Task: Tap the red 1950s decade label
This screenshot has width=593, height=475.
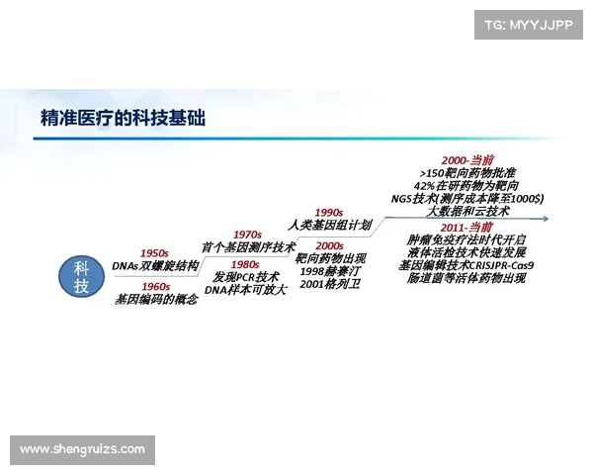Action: (x=154, y=253)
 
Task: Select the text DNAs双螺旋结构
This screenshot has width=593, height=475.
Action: (x=155, y=267)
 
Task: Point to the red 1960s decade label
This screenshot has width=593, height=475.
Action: (x=155, y=286)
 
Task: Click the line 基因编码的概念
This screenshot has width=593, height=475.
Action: (x=156, y=299)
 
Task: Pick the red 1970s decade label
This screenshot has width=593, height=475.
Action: (x=247, y=235)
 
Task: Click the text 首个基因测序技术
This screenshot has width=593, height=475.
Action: (x=248, y=247)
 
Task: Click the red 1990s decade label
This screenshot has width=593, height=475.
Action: (x=328, y=212)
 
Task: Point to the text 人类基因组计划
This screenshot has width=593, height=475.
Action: (x=329, y=225)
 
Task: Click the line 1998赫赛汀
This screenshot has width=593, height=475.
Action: (x=329, y=271)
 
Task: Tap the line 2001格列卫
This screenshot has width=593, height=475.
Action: (x=329, y=284)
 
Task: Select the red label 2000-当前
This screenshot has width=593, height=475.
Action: (x=467, y=159)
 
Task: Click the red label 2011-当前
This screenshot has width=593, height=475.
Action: (x=467, y=227)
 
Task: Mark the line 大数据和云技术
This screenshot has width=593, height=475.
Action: (x=467, y=211)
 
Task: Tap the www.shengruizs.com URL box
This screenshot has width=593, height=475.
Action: (x=82, y=450)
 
